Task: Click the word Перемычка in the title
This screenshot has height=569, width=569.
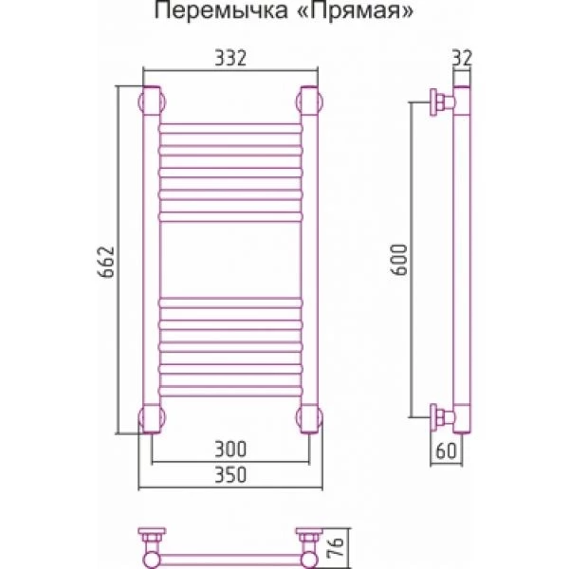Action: [x=221, y=10]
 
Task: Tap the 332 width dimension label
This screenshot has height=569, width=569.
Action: [x=230, y=58]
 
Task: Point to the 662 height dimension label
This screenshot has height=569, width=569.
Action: [x=106, y=262]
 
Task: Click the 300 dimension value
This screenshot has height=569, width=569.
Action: [x=230, y=449]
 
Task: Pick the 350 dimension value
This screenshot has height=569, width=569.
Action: [x=230, y=475]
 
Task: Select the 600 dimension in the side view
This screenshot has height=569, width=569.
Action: [x=400, y=260]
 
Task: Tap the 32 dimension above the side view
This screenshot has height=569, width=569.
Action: [x=462, y=58]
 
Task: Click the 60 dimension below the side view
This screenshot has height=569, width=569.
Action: [x=446, y=451]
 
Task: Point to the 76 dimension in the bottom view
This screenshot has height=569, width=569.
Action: [x=337, y=547]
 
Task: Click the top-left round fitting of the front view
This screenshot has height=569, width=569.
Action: [x=152, y=101]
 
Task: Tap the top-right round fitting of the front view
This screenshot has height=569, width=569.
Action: [x=309, y=101]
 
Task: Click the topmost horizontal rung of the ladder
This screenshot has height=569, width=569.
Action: [x=230, y=128]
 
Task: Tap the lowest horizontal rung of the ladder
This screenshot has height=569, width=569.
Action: [x=230, y=391]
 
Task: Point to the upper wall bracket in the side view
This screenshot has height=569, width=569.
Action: [x=442, y=102]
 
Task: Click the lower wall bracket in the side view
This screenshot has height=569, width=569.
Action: [x=442, y=417]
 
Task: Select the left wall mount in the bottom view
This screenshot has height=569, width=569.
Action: [x=152, y=541]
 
